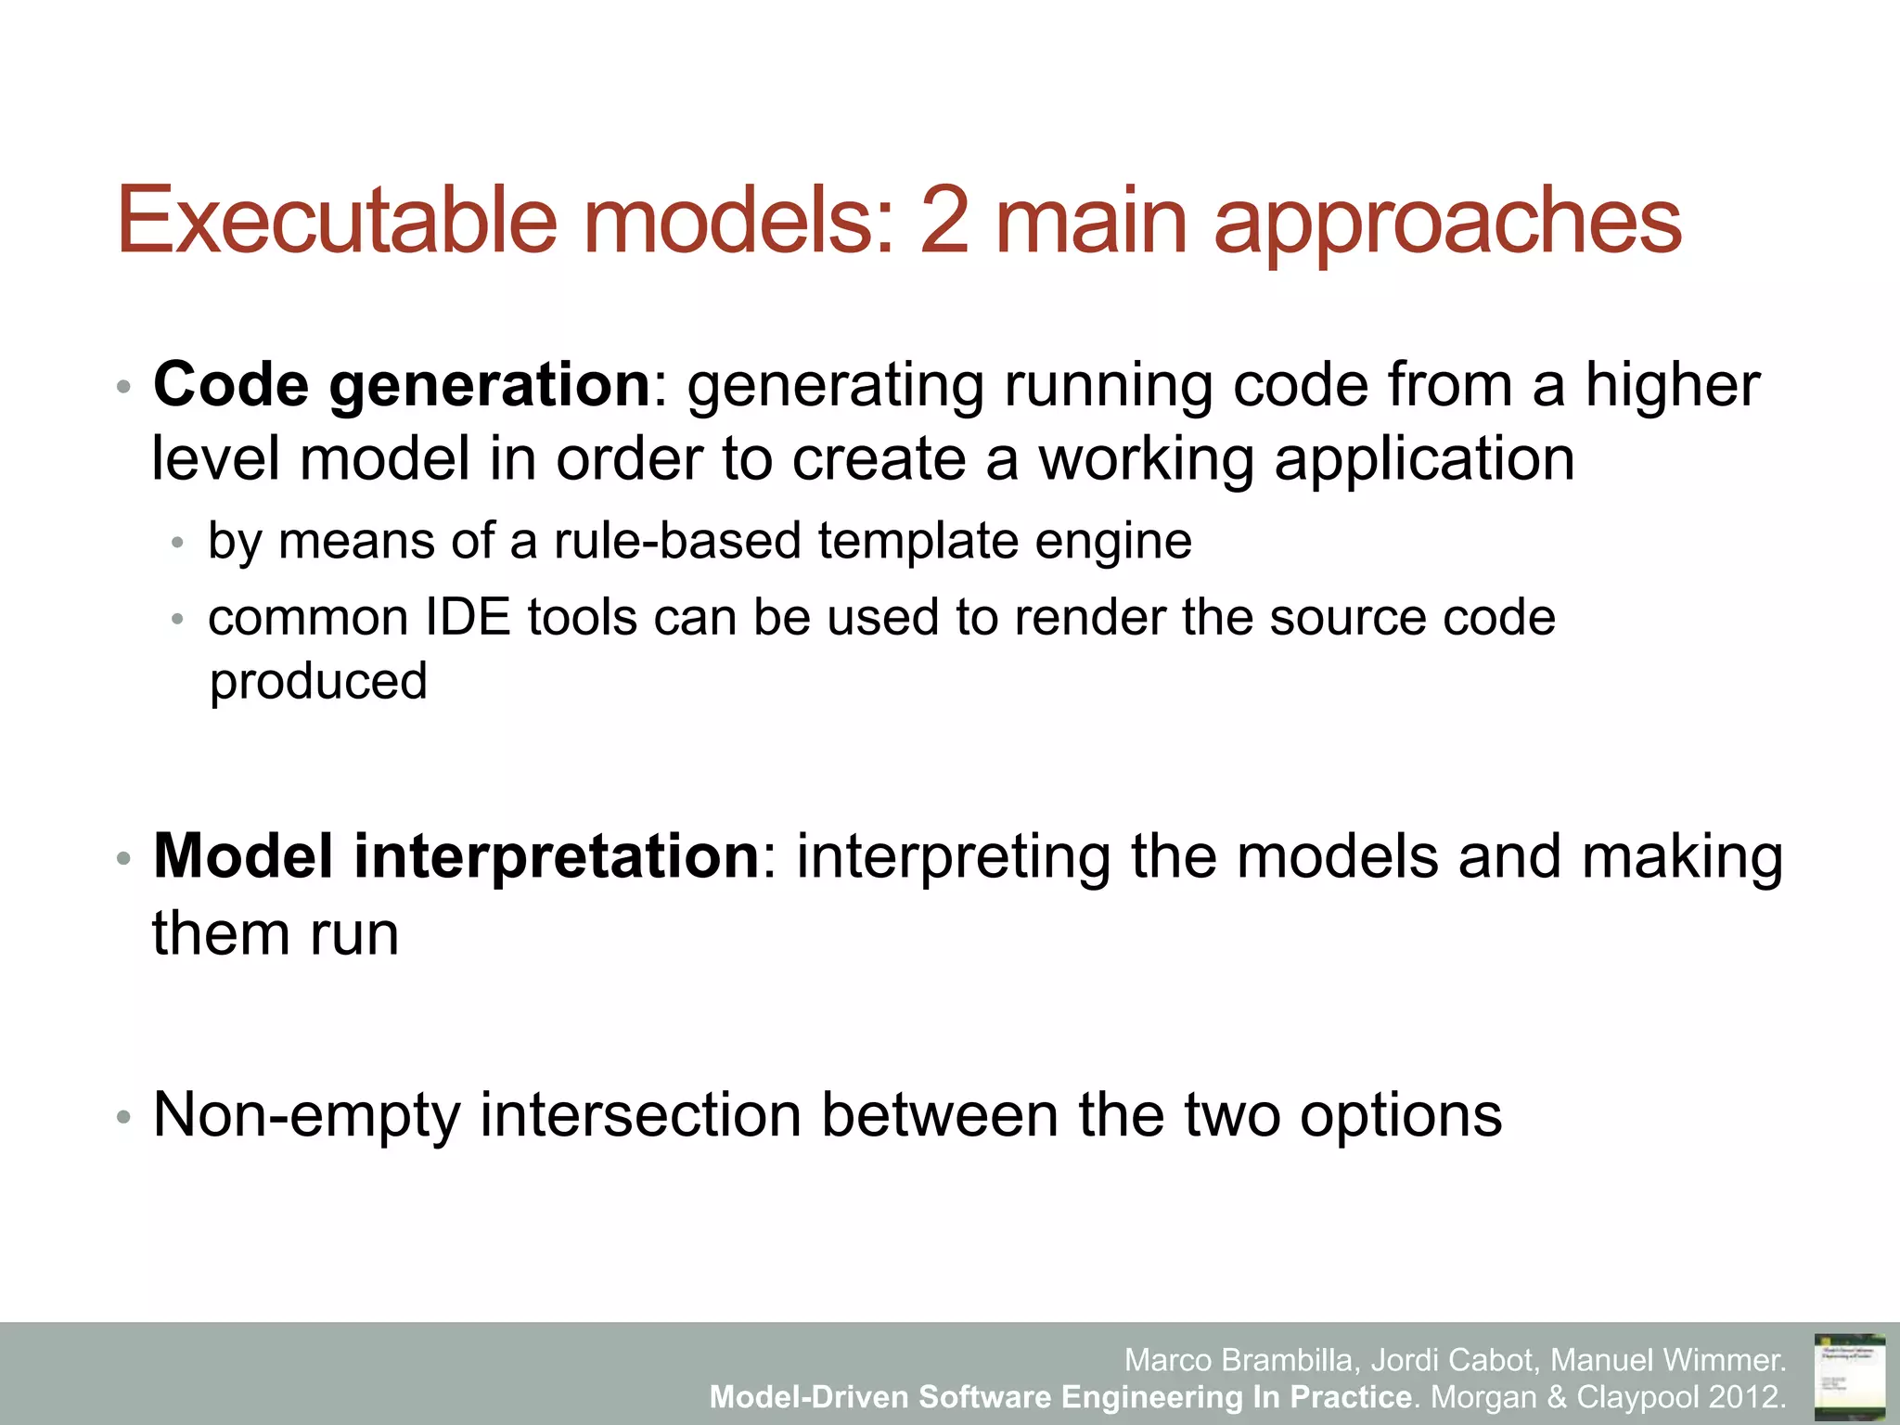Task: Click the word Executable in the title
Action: [337, 220]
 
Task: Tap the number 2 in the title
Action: [944, 220]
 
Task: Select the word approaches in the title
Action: [1447, 223]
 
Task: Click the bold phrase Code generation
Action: [402, 384]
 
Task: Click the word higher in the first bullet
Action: [1671, 384]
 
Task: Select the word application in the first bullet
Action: [1424, 460]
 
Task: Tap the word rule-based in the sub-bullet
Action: [677, 541]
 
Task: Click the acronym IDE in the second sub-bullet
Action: [468, 618]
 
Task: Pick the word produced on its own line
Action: [318, 683]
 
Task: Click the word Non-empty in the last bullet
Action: [307, 1115]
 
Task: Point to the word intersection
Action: [640, 1115]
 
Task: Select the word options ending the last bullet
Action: [1400, 1115]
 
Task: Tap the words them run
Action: [276, 933]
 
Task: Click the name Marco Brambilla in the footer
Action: [1242, 1360]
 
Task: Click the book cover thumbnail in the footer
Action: [1849, 1374]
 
